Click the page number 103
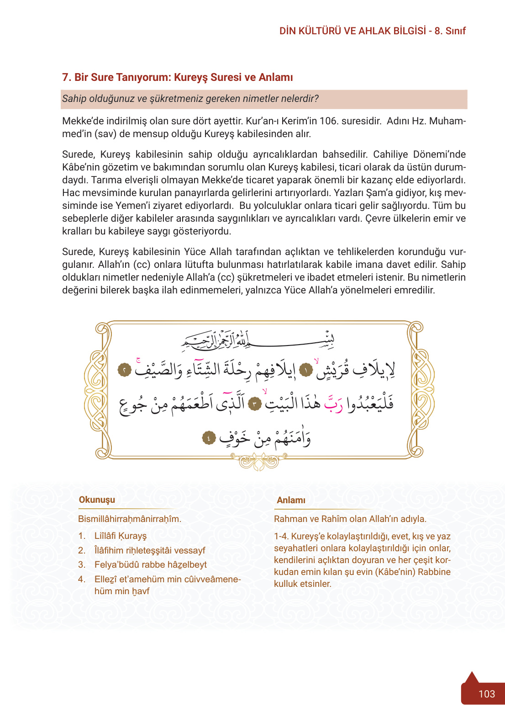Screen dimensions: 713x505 click(x=486, y=694)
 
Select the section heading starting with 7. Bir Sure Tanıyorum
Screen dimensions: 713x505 click(x=177, y=77)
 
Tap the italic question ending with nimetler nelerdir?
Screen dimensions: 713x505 click(x=190, y=99)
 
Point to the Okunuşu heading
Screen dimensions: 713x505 click(x=97, y=500)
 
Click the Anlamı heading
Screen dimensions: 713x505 click(x=291, y=500)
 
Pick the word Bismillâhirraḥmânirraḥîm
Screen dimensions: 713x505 click(x=130, y=519)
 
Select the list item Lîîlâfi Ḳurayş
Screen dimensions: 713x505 click(x=120, y=536)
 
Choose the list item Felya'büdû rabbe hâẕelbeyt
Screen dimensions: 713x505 click(x=150, y=564)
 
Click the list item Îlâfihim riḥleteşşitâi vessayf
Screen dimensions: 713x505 click(x=149, y=550)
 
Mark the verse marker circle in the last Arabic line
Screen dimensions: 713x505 click(x=209, y=438)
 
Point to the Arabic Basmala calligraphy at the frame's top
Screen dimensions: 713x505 click(x=258, y=340)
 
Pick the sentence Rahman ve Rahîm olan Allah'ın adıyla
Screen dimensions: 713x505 click(x=350, y=519)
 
